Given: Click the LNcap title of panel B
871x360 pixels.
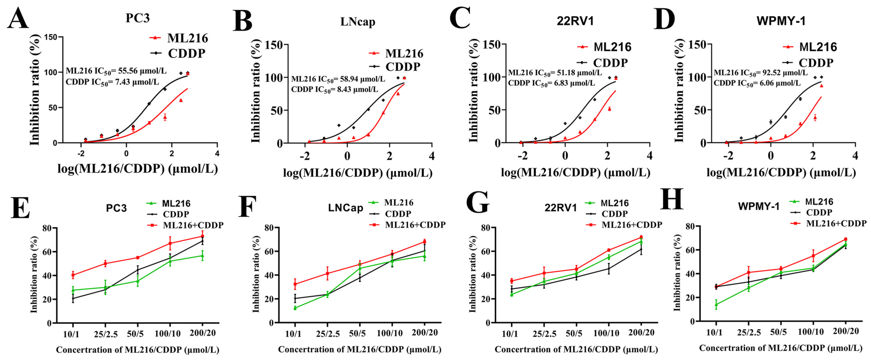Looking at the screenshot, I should (357, 22).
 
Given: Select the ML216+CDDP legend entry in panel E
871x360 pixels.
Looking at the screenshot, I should (193, 225).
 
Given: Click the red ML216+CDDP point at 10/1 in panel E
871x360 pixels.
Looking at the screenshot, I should (73, 275).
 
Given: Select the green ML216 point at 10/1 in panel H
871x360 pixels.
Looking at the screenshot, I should (716, 304).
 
